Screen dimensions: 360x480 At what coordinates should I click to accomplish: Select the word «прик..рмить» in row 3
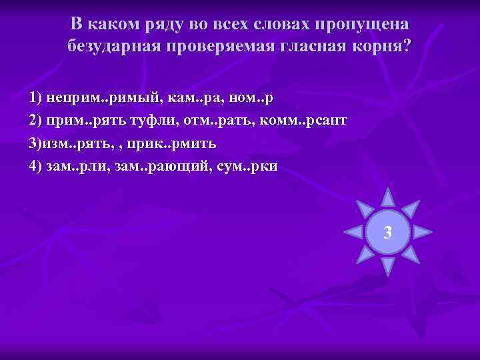point(175,144)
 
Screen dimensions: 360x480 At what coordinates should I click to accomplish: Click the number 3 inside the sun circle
point(387,233)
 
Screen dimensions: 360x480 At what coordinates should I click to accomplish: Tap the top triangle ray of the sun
point(387,197)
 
